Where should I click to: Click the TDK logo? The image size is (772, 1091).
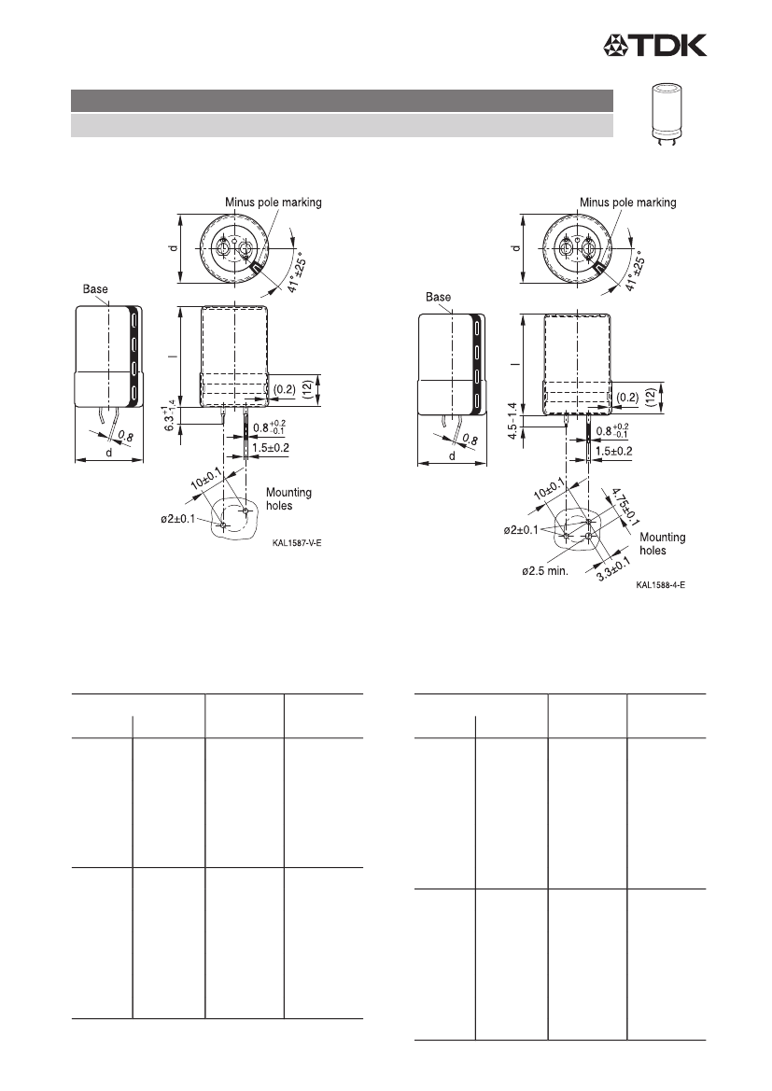point(654,45)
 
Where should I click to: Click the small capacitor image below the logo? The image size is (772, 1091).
point(666,115)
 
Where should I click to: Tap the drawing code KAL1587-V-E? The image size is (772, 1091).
point(297,543)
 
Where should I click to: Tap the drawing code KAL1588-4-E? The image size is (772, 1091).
point(660,585)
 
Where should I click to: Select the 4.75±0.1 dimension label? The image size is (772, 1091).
point(625,507)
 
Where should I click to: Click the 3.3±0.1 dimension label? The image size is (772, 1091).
point(612,569)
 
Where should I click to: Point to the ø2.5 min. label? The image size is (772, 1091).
point(545,571)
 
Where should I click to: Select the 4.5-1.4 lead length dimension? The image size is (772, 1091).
point(513,421)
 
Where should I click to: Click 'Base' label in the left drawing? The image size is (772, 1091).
point(95,288)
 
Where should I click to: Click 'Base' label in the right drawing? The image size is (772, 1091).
point(439,297)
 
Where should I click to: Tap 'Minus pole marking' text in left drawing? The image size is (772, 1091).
point(273,203)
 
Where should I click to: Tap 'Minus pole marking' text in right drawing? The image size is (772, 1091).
point(628,203)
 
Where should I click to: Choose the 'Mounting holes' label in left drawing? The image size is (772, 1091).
point(288,499)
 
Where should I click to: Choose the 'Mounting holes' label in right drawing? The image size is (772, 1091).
point(663,543)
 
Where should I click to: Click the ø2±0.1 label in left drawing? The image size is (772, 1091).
point(179,519)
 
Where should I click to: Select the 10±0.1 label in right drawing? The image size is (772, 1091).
point(550,489)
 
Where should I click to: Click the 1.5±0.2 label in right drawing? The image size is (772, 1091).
point(612,451)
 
